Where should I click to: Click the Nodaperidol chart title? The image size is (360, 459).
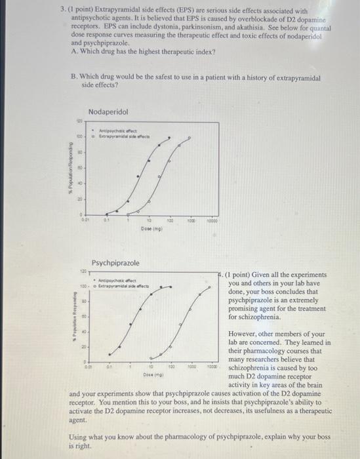click(x=108, y=113)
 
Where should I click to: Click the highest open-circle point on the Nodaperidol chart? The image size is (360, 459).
click(x=190, y=138)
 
